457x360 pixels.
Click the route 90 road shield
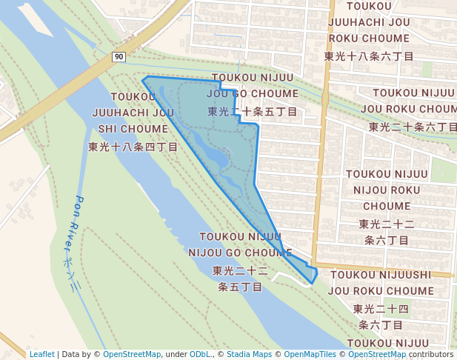pyautogui.click(x=119, y=57)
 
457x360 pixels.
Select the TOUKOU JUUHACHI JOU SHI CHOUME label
pyautogui.click(x=133, y=113)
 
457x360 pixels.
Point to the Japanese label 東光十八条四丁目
pyautogui.click(x=133, y=147)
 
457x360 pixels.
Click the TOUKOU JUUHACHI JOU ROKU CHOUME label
pyautogui.click(x=369, y=22)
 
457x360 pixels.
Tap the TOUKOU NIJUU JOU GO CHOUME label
pyautogui.click(x=252, y=85)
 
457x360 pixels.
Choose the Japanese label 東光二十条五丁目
pyautogui.click(x=253, y=112)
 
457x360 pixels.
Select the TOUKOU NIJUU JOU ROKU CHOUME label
pyautogui.click(x=413, y=100)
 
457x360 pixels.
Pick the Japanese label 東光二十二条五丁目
pyautogui.click(x=240, y=279)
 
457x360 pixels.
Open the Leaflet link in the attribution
pyautogui.click(x=41, y=354)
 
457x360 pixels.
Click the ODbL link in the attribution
pyautogui.click(x=201, y=354)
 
